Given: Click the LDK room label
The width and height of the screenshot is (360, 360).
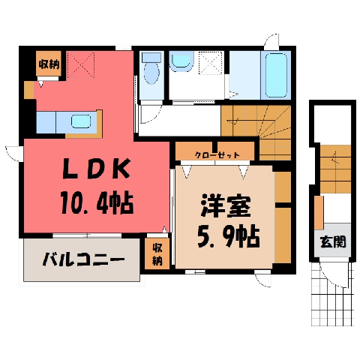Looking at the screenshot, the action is tap(96, 169).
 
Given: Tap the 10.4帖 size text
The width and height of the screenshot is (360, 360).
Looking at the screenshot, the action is tap(97, 202).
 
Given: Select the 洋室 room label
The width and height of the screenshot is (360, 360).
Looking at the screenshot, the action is tap(226, 205).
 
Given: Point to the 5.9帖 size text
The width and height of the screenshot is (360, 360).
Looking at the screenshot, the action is tap(229, 236).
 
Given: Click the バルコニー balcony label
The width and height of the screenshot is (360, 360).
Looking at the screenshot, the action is tap(83, 259).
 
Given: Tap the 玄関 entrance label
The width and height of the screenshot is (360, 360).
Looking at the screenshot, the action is tap(333, 241).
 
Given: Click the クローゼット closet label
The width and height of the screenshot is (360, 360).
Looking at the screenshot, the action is tap(217, 155).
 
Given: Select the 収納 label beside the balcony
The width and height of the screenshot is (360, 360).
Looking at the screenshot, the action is tap(157, 254).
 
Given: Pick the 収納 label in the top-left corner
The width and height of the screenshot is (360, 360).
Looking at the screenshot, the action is tap(49, 64).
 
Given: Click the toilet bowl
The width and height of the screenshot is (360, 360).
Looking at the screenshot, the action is tap(151, 73).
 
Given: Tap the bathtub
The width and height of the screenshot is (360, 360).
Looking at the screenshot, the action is tap(276, 75).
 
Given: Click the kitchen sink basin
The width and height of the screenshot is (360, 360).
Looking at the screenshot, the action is tap(81, 121).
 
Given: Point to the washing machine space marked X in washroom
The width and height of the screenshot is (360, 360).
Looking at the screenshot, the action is tap(211, 63).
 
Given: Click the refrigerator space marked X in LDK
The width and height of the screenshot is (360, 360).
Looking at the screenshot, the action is tap(80, 65).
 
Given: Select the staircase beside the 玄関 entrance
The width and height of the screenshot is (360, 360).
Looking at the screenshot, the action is tap(335, 169).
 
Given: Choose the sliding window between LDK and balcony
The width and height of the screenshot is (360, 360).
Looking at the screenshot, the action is tap(87, 235).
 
